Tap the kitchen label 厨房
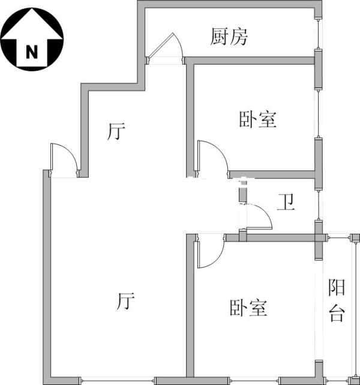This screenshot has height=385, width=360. pos(229,37)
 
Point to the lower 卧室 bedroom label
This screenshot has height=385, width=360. pos(248,308)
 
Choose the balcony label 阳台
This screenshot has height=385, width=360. pos(337,301)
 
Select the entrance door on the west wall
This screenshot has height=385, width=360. pos(64,161)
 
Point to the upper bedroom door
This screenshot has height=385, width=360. pos(214,157)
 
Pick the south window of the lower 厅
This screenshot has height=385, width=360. pos(118,380)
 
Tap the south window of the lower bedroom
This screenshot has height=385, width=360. pos(253,380)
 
